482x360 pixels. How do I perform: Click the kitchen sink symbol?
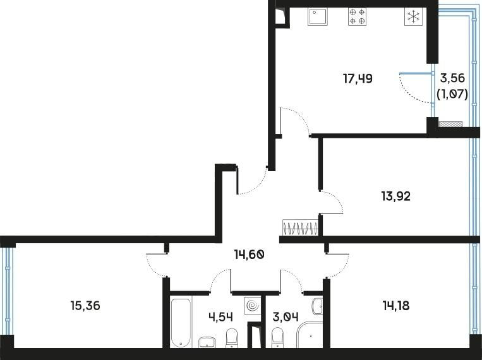tap(318, 16)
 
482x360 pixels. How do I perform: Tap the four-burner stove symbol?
tap(357, 16)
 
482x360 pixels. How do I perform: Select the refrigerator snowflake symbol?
tap(413, 16)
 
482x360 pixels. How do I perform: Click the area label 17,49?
tap(358, 79)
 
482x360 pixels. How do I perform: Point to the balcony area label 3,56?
tap(452, 78)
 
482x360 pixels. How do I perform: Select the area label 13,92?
tap(396, 196)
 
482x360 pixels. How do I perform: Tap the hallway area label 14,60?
tap(249, 255)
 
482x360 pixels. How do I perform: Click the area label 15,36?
tap(85, 306)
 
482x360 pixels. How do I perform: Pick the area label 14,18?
tap(396, 306)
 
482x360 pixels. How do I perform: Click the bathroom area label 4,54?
tap(220, 316)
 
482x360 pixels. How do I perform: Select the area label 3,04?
tap(286, 316)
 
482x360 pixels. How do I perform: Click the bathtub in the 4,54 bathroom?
tap(181, 322)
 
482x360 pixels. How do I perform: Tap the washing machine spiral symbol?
tap(253, 306)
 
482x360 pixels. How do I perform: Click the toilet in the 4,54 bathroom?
tap(232, 338)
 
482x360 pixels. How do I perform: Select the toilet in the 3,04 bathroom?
tap(277, 338)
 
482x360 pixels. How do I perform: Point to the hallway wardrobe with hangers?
tap(300, 227)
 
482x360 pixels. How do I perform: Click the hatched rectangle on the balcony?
tap(450, 124)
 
